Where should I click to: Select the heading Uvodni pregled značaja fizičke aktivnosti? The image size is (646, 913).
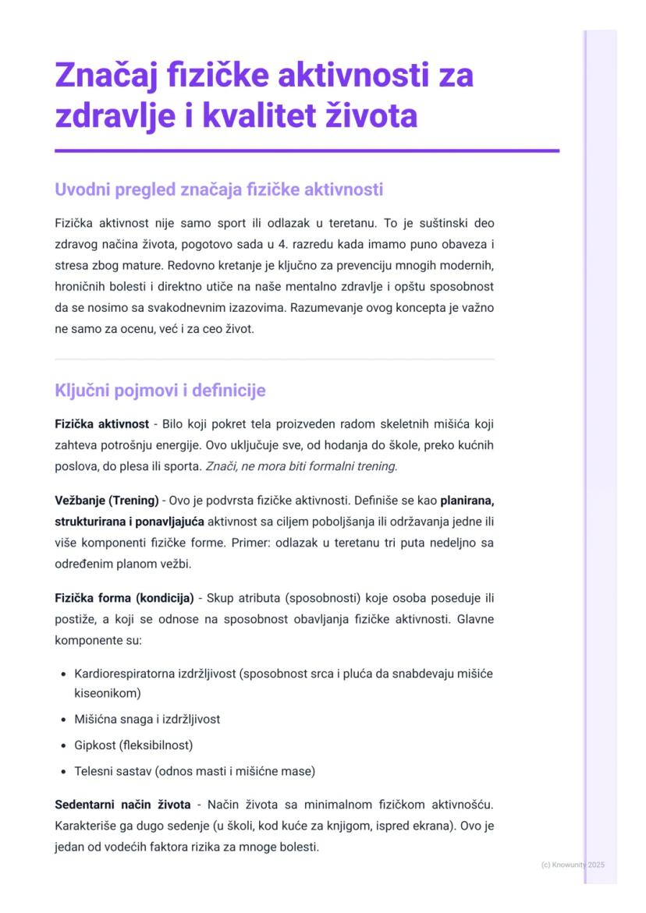coord(218,189)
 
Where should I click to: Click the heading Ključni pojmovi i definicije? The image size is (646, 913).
coord(161,390)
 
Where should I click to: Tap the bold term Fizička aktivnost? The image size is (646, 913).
coord(101,424)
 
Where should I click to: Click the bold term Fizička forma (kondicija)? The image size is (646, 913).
coord(124,599)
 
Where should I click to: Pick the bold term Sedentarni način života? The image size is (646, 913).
coord(122,804)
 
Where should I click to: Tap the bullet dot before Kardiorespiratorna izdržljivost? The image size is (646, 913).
coord(63,673)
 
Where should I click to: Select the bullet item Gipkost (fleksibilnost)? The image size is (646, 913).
coord(133,745)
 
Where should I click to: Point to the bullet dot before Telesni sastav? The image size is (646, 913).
coord(63,772)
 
